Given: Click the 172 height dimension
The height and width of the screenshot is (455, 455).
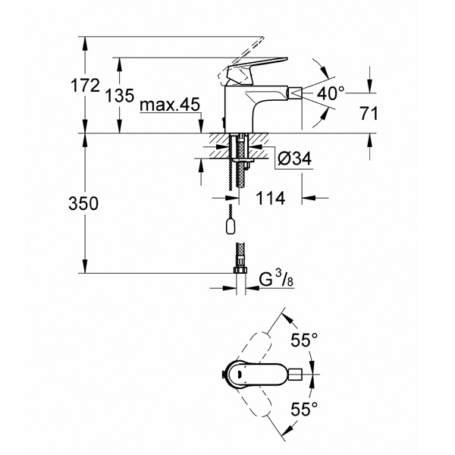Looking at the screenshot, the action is [85, 86].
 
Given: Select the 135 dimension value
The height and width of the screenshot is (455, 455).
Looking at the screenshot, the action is [120, 96].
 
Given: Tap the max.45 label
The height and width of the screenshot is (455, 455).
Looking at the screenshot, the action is [170, 105].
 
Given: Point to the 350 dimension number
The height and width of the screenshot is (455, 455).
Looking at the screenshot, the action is [83, 203].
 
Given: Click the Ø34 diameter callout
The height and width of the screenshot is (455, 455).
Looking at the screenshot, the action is [294, 158].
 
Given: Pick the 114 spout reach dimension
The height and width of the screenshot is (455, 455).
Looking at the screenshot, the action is [271, 198].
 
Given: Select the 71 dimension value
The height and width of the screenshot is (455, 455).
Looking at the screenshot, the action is [369, 113].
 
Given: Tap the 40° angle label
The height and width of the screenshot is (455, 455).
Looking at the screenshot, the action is [331, 93].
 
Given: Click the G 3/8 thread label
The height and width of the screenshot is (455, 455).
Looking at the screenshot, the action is [276, 279].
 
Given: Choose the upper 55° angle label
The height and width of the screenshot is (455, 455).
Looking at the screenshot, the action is [304, 340].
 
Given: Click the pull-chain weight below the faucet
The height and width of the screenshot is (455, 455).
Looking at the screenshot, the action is [231, 226].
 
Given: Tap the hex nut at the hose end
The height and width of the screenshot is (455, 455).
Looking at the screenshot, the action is [240, 271].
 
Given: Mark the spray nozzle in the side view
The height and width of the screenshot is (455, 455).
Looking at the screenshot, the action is [294, 93].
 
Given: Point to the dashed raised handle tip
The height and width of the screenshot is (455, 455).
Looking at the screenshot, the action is [262, 39].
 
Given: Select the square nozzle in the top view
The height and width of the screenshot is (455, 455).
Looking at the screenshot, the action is [296, 374].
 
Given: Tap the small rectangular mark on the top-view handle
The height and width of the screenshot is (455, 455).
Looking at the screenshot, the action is [240, 374].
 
